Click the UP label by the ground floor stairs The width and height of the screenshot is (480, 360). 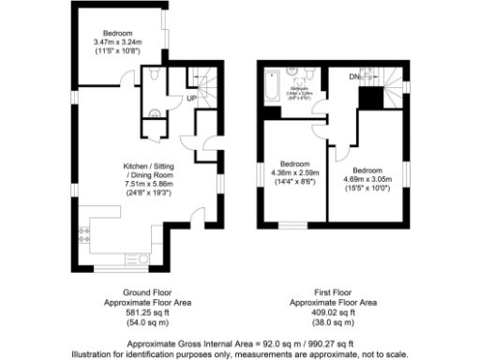pyautogui.click(x=189, y=97)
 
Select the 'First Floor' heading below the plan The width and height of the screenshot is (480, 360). pyautogui.click(x=333, y=292)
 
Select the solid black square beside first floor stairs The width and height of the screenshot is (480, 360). pyautogui.click(x=371, y=95)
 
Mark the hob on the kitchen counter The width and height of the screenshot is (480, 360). pyautogui.click(x=95, y=229)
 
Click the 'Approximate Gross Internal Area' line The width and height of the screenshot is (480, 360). pyautogui.click(x=239, y=344)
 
